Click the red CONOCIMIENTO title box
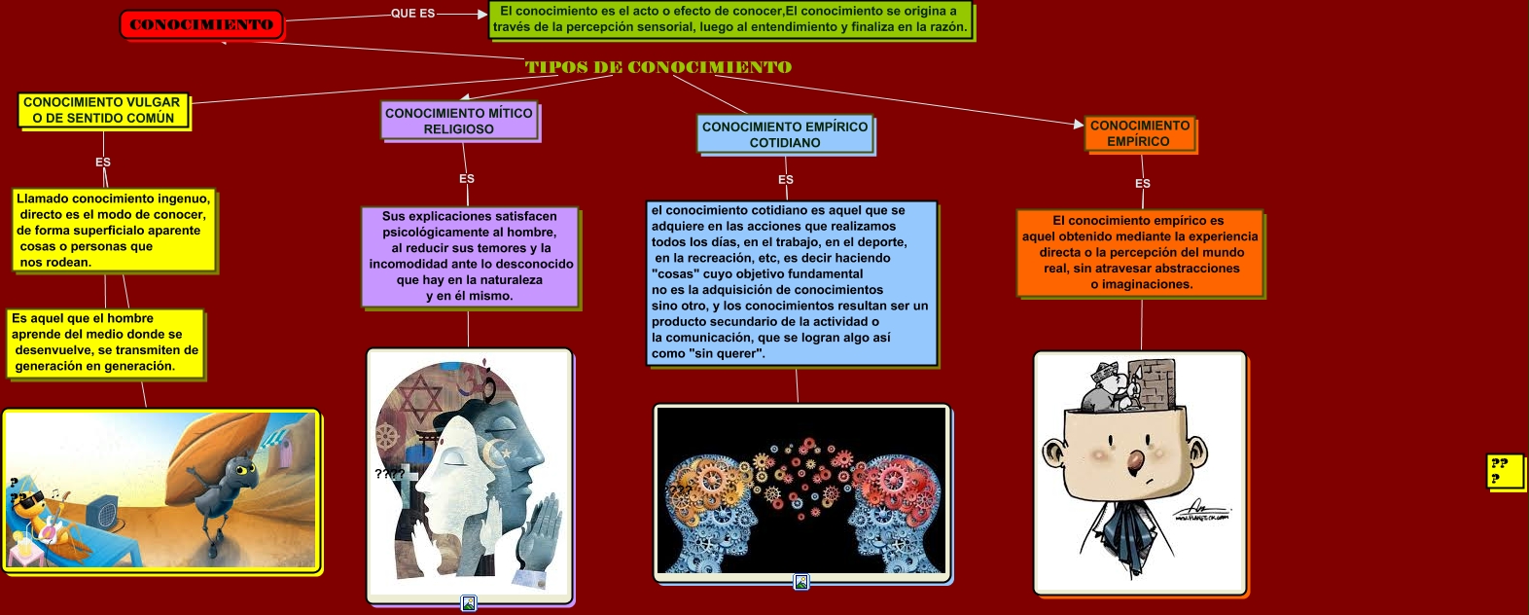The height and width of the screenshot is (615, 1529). click(201, 24)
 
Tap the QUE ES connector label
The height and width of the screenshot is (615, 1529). click(412, 14)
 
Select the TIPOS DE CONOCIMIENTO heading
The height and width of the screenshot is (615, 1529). click(658, 67)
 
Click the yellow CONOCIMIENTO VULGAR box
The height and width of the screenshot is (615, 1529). click(102, 111)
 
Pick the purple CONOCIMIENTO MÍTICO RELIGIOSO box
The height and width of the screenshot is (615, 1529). click(459, 122)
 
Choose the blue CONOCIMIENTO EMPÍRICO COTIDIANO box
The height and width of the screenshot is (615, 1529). click(785, 134)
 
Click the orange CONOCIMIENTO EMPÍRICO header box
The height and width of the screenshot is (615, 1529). click(1139, 133)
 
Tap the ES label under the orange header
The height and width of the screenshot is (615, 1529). click(1143, 184)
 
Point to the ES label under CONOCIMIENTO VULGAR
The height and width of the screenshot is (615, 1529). click(103, 163)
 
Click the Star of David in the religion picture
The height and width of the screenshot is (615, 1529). click(420, 399)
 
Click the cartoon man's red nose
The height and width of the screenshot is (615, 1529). click(1134, 461)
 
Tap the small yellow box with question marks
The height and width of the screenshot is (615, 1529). click(1504, 472)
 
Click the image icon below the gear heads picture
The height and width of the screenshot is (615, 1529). click(801, 582)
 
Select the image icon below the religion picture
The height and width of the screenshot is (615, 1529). click(468, 602)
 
